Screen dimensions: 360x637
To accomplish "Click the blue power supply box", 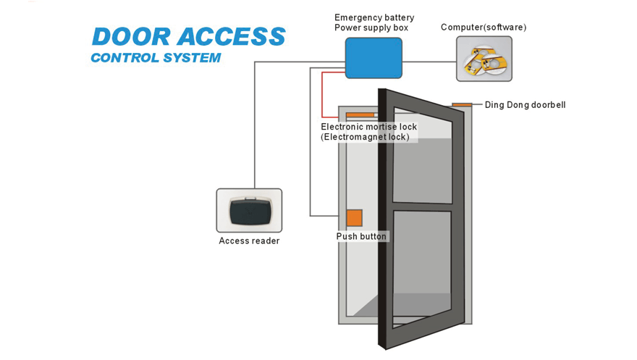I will coord(374,59).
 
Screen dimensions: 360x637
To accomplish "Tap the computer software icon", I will coord(484,59).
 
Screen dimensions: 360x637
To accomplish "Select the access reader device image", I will coord(249,211).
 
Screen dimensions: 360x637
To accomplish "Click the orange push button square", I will coord(354,218).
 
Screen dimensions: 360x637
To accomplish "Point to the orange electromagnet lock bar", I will coord(360,114).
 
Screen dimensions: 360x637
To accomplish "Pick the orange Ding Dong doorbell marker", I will coord(462,105).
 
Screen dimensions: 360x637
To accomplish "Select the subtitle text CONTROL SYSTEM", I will coord(156,58).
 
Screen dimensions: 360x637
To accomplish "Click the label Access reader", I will coord(249,241).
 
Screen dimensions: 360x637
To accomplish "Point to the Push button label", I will coord(361,237).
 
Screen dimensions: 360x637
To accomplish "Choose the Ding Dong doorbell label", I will coord(525,105).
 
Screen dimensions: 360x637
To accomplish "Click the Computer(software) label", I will coord(484,28).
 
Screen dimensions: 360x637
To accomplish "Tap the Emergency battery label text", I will coord(374,17).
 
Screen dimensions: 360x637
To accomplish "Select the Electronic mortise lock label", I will coord(368,127).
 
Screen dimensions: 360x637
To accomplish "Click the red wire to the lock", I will coord(322,94).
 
